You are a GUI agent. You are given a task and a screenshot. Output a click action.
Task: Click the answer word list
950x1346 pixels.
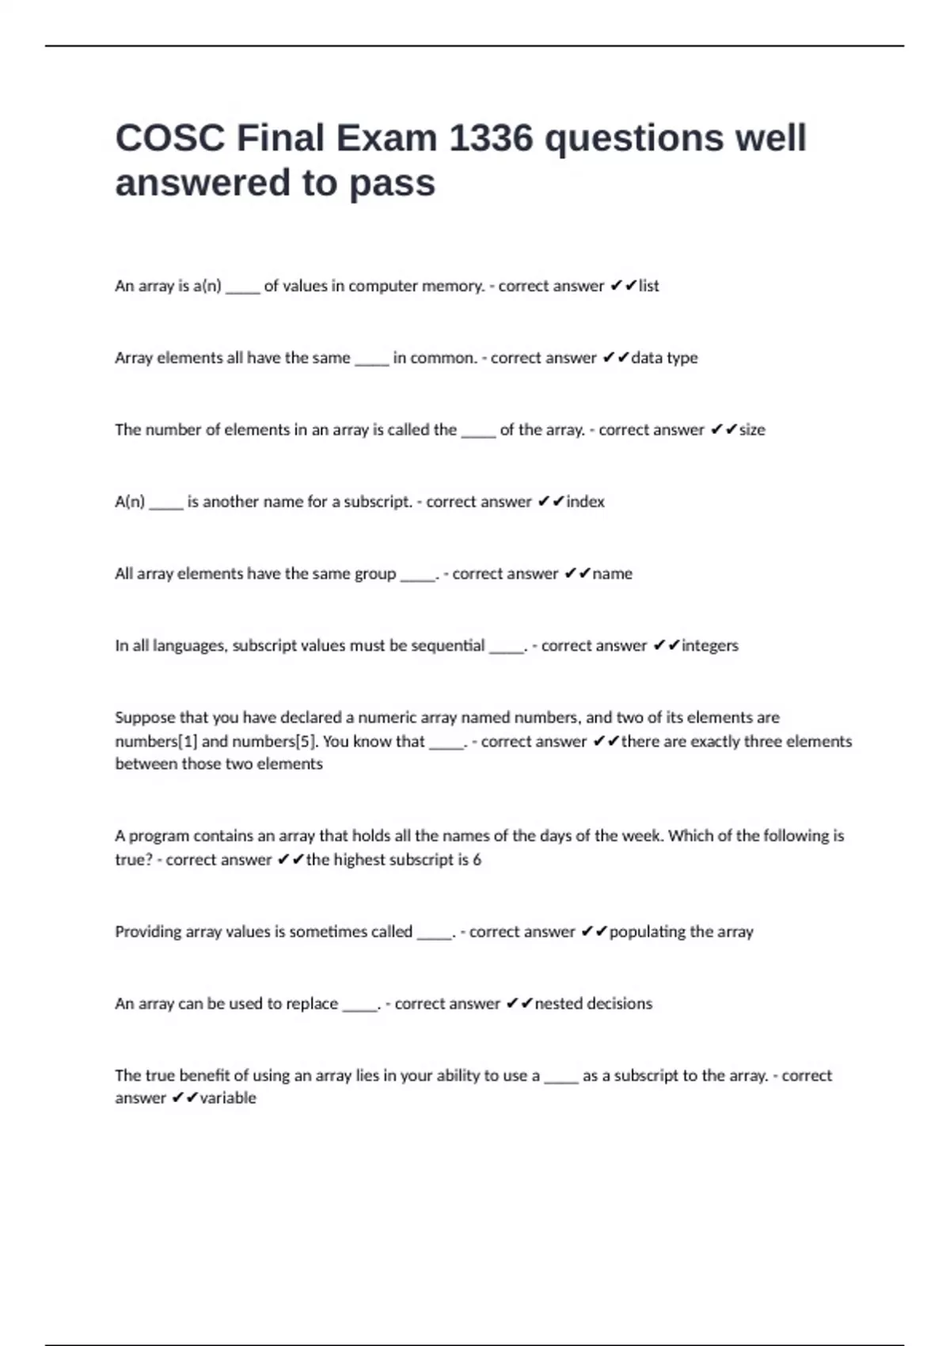[x=649, y=286]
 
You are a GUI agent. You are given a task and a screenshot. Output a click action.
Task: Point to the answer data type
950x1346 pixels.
[x=664, y=358]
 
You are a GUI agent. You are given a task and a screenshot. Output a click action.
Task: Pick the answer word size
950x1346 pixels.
[x=752, y=430]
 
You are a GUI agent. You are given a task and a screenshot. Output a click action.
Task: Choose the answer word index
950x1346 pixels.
[x=585, y=502]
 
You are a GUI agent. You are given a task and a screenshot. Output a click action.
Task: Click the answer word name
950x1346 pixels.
[x=613, y=574]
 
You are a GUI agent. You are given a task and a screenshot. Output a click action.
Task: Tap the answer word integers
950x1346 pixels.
[x=710, y=646]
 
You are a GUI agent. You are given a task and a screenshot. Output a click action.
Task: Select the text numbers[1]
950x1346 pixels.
[x=156, y=742]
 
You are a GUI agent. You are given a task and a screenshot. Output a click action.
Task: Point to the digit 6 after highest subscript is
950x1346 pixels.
[x=477, y=860]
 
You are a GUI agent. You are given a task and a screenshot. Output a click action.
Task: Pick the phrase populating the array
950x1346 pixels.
[x=682, y=932]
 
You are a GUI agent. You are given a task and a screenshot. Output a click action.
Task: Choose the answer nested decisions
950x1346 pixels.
[x=594, y=1004]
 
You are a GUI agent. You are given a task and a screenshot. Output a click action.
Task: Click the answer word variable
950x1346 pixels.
[x=228, y=1098]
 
